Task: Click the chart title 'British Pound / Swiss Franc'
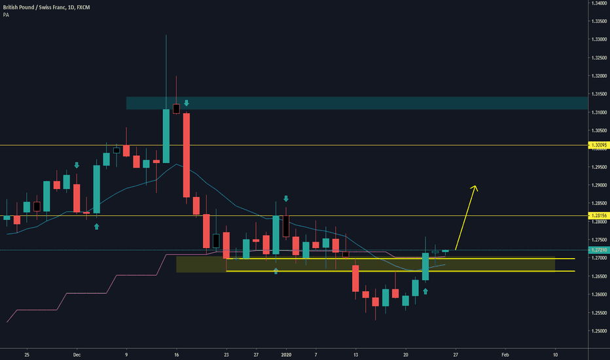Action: [33, 5]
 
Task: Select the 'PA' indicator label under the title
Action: [5, 13]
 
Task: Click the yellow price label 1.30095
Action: [598, 145]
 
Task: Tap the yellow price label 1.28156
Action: [598, 215]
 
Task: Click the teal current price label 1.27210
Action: [598, 250]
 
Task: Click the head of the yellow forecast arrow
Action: [475, 187]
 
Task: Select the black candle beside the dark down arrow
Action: [176, 109]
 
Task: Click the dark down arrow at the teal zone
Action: [187, 103]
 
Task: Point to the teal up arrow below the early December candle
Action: [96, 226]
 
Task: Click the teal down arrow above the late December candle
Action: [285, 198]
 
